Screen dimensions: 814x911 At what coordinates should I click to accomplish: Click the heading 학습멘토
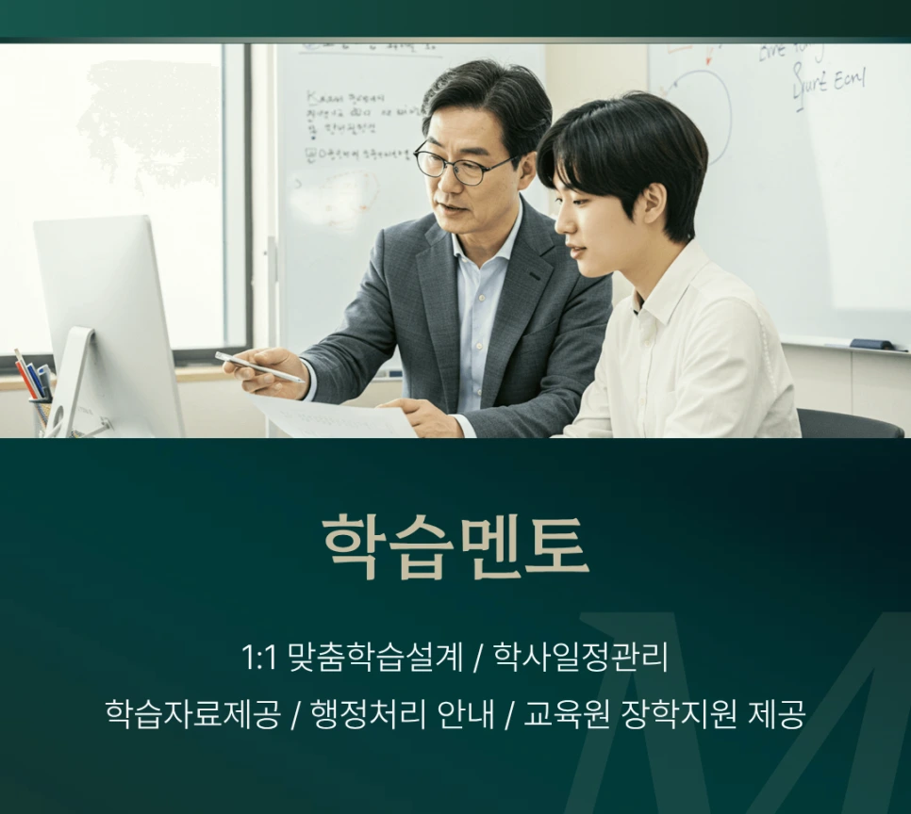click(455, 546)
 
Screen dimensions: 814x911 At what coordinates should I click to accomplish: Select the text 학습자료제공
click(192, 713)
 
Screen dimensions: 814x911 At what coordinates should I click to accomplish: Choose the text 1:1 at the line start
click(258, 658)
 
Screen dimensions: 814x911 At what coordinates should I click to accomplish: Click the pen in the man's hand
click(258, 366)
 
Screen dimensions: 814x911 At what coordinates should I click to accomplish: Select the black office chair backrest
click(849, 424)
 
